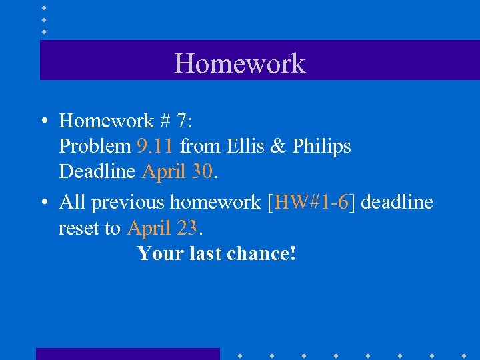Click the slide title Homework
coord(239,63)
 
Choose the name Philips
coord(322,146)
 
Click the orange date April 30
coord(177,171)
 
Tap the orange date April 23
coord(162,228)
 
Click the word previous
coord(131,202)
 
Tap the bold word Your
coord(162,253)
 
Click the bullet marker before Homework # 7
coord(43,121)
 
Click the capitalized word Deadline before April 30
coord(98,171)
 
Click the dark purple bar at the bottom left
coord(127,353)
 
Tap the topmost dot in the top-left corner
coord(43,8)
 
